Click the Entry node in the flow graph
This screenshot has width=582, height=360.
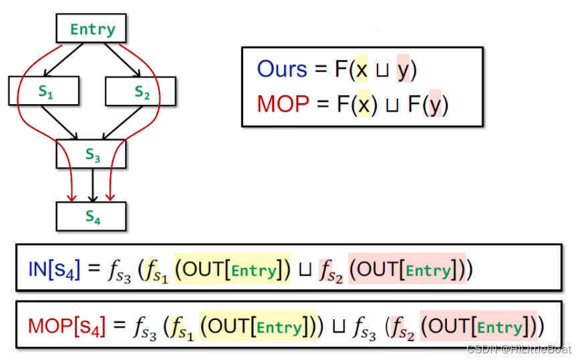click(x=92, y=29)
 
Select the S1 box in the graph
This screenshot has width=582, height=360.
click(x=44, y=92)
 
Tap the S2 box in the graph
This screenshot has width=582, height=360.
click(x=140, y=92)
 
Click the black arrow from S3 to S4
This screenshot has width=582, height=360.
click(x=93, y=185)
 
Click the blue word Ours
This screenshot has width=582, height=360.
click(x=282, y=69)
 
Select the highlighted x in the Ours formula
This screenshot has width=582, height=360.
click(x=362, y=69)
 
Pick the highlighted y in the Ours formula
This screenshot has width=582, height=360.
click(x=403, y=69)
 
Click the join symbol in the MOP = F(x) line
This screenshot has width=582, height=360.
click(x=390, y=105)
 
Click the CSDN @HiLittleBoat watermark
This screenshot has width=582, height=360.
click(x=519, y=349)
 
